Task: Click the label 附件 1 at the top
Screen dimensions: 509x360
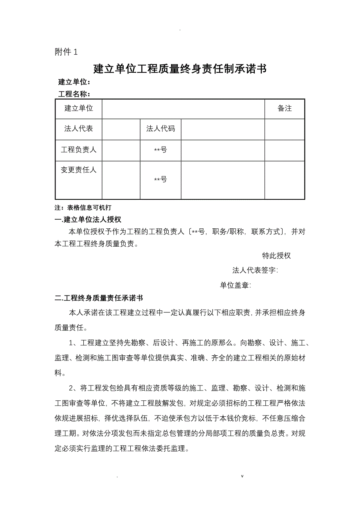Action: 67,52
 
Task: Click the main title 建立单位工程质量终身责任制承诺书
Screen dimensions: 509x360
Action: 180,69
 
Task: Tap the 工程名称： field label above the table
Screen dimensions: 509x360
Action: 74,94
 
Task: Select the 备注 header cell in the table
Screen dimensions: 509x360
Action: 284,109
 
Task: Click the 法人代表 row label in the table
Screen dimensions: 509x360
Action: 79,129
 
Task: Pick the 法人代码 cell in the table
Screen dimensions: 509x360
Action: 160,129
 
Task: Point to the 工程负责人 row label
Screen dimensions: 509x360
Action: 79,150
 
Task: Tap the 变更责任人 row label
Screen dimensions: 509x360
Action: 79,170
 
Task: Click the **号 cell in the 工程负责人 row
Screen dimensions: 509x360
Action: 160,150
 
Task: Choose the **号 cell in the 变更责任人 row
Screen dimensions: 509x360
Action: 160,179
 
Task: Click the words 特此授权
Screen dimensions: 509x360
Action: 276,256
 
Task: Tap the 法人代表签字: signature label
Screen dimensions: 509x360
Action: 255,270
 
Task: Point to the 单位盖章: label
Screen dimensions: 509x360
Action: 235,285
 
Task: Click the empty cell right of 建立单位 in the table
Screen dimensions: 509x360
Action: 183,109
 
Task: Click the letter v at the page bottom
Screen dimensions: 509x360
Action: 242,476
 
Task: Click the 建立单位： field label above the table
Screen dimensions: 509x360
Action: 74,82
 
